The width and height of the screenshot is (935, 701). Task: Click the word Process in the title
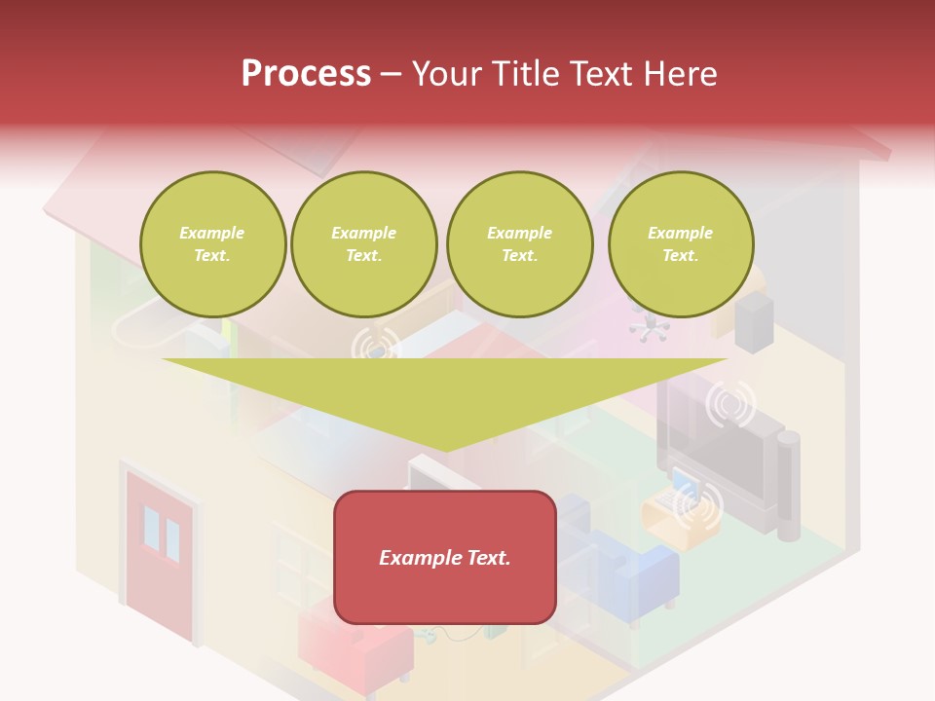[x=306, y=73]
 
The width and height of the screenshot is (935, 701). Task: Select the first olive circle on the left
[x=212, y=244]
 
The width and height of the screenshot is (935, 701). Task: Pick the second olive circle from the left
[x=363, y=244]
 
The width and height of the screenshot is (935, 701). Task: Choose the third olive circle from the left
[x=519, y=244]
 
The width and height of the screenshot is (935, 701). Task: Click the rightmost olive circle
[x=680, y=244]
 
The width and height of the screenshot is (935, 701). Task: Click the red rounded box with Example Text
[x=445, y=557]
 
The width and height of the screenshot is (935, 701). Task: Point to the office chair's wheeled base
[x=649, y=329]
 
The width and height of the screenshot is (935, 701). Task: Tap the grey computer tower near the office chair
[x=755, y=322]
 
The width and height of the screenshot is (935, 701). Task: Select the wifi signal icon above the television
[x=730, y=404]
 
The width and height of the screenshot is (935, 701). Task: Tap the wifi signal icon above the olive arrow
[x=374, y=345]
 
